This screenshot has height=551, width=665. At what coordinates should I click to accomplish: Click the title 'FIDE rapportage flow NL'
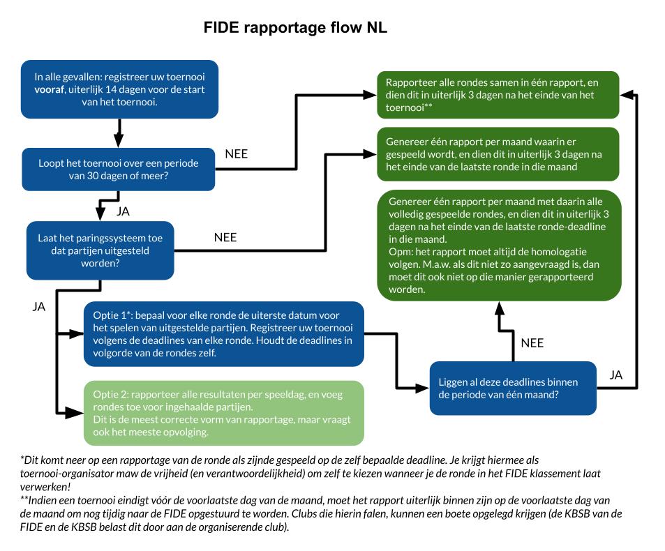295,28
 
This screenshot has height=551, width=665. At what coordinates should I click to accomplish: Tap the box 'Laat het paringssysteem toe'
100,250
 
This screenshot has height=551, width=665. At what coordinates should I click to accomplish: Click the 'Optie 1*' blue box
223,333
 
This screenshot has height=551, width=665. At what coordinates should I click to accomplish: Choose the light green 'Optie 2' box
223,413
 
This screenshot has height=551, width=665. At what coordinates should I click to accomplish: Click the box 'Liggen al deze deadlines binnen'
513,388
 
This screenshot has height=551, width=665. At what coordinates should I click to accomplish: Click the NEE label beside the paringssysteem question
225,237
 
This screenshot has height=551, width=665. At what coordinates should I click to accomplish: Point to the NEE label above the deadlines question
532,342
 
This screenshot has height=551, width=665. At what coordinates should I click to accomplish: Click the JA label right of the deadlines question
615,375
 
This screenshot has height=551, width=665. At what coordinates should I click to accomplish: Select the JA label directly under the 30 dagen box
123,211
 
